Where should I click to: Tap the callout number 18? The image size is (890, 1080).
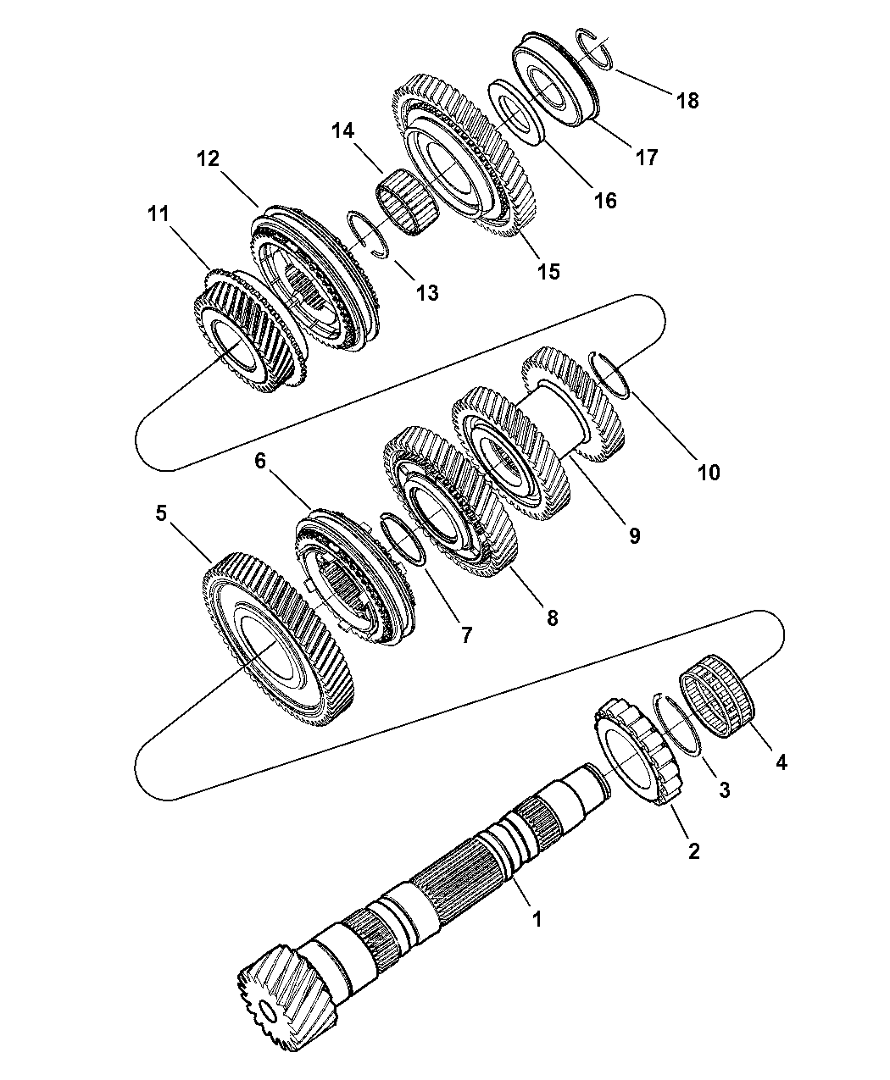(x=687, y=100)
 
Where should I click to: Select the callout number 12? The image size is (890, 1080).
(x=209, y=158)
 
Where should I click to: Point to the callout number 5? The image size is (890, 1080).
(x=161, y=513)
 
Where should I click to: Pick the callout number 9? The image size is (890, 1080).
(x=635, y=535)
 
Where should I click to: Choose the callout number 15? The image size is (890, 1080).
(x=548, y=271)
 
